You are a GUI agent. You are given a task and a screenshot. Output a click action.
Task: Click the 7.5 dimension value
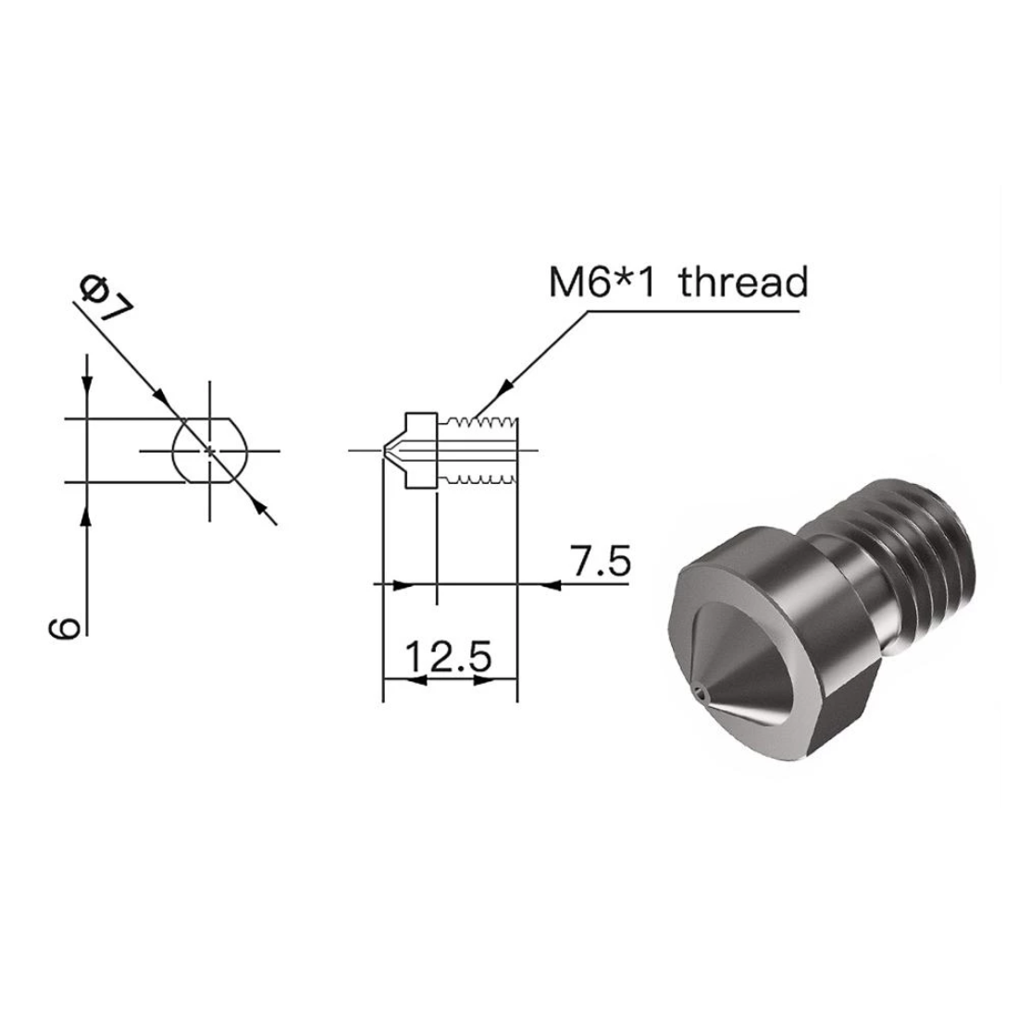coord(601,562)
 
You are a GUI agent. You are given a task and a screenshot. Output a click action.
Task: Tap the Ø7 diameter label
coord(104,298)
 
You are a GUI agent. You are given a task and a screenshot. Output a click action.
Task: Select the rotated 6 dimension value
coord(61,629)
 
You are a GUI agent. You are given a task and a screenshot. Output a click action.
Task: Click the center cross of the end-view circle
coord(211,451)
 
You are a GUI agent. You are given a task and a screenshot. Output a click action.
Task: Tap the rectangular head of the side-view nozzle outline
coord(420,451)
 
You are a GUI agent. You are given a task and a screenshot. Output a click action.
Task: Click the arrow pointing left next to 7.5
coord(550,584)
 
